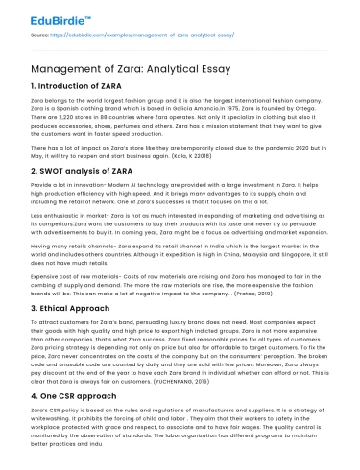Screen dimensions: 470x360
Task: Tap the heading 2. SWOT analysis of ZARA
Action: [x=69, y=170]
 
